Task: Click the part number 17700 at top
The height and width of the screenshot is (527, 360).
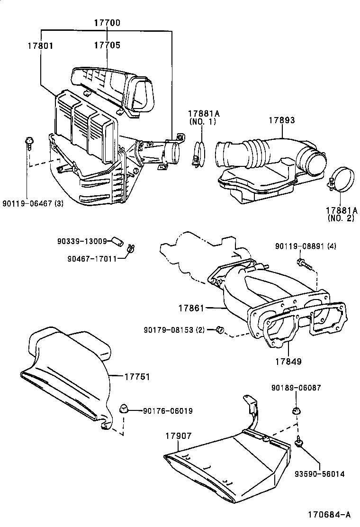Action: (107, 22)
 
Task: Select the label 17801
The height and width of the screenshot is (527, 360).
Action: (40, 46)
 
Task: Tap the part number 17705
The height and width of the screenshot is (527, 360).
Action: (107, 45)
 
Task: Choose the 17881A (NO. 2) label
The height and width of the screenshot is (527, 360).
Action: (341, 214)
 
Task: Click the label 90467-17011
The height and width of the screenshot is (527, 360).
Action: (91, 259)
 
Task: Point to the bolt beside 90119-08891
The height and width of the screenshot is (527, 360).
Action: (302, 262)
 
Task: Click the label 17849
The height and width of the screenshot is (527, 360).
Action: (288, 361)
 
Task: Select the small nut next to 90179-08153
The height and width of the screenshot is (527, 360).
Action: (220, 329)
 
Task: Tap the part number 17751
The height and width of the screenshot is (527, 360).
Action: (137, 377)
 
